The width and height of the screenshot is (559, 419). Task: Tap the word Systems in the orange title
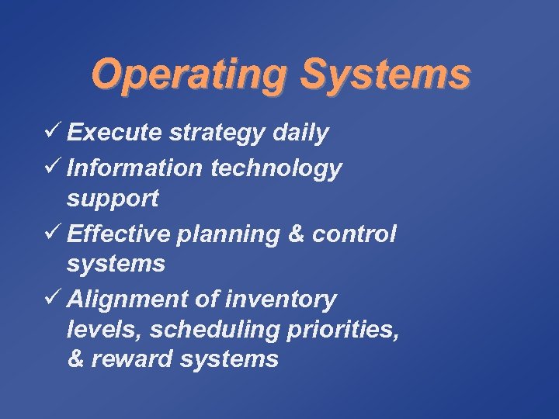coord(385,75)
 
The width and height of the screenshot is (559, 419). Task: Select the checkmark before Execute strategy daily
coord(53,133)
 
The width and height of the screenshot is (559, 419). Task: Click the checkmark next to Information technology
coord(53,168)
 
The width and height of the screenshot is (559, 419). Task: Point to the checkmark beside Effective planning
coord(53,233)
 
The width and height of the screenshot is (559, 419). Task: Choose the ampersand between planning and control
coord(294,234)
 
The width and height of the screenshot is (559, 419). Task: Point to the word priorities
coord(344,331)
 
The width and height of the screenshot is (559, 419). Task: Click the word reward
coord(127,359)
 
